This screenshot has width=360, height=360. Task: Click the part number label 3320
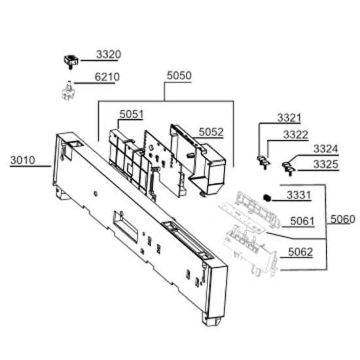[109, 54]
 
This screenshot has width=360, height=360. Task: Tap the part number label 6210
[107, 77]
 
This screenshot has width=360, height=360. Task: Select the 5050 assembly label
[179, 75]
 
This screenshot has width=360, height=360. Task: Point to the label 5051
[132, 114]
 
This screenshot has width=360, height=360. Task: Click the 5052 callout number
[211, 132]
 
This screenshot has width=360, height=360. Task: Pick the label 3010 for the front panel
[22, 160]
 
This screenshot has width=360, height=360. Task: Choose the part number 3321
[289, 118]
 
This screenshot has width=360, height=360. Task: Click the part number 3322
[296, 135]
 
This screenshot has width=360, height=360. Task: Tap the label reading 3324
[326, 149]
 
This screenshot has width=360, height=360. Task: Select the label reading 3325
[326, 164]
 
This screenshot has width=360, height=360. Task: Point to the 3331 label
[298, 195]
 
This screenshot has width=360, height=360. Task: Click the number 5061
[302, 221]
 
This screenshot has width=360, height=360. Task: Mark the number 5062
[300, 252]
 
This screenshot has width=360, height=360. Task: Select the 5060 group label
[342, 219]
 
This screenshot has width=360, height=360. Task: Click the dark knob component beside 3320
[71, 62]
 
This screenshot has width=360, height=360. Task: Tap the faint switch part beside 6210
[68, 91]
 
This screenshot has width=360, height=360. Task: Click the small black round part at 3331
[267, 198]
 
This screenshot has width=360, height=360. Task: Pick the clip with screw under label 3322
[263, 162]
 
